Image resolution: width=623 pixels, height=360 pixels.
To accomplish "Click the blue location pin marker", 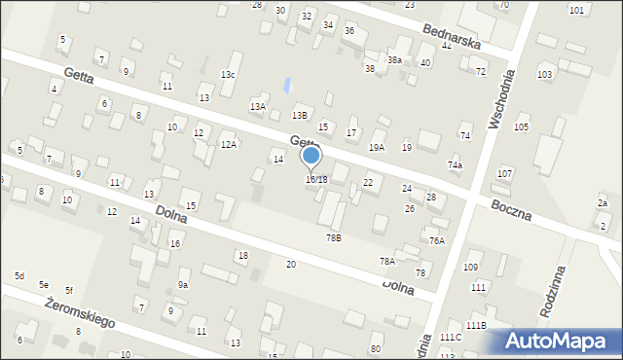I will (x=311, y=156).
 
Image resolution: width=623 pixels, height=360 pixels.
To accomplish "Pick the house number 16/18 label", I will (x=316, y=179).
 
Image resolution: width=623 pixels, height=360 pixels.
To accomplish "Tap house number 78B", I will (x=334, y=237).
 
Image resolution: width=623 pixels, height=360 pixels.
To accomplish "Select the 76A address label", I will (x=437, y=240).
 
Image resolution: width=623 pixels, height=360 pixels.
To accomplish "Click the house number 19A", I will (x=376, y=147).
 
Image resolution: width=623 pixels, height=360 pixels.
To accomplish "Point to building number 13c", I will (x=228, y=75).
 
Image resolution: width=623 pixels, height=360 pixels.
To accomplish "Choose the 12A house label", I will (x=229, y=144).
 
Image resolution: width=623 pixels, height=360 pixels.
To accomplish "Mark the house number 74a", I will (x=455, y=165).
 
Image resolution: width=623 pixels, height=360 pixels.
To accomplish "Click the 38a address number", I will (x=394, y=59).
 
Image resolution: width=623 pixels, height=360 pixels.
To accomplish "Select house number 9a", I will (x=182, y=284).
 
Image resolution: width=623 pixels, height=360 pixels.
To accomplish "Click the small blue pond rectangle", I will (x=285, y=86).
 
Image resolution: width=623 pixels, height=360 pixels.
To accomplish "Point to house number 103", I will (x=545, y=74).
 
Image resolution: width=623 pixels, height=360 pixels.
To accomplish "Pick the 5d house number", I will (x=19, y=276).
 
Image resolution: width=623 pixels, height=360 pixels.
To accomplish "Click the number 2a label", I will (x=603, y=202).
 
